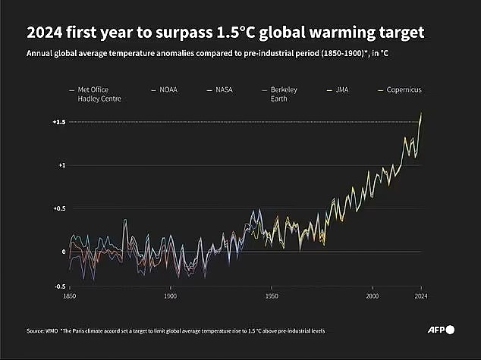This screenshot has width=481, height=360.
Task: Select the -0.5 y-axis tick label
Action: point(59,286)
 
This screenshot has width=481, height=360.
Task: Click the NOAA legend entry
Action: point(167,89)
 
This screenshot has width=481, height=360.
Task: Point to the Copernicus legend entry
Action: point(401,89)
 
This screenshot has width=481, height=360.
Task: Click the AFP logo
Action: point(440,330)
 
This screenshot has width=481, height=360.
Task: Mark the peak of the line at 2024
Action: point(421,114)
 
